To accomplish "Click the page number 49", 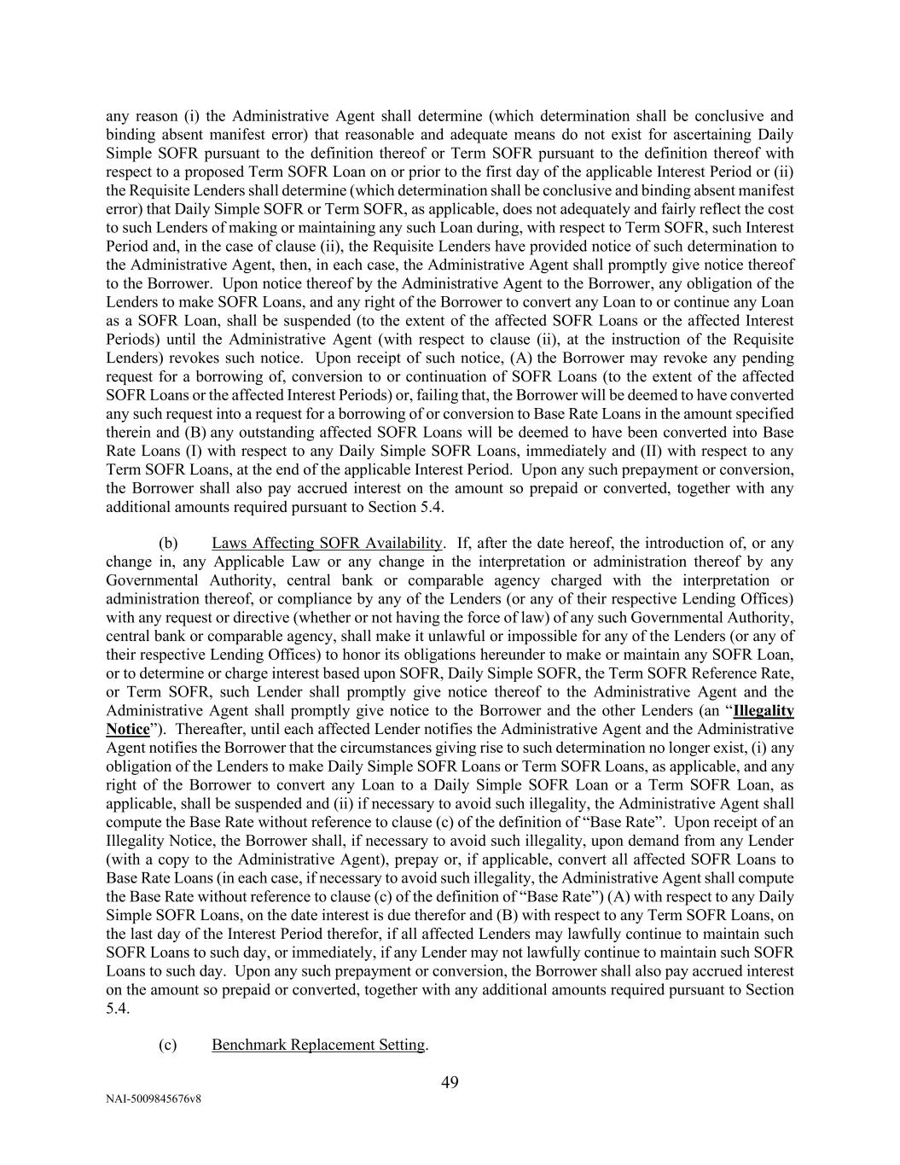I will (x=450, y=1083).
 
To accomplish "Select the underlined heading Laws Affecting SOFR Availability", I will (x=327, y=544).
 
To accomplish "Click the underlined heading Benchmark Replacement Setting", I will (x=318, y=1045).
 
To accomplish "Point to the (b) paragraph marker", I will (x=167, y=544).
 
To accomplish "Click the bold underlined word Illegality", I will (x=764, y=711).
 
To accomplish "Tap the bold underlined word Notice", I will (x=128, y=730).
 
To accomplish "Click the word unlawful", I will (x=495, y=637).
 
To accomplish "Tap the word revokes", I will (x=187, y=358).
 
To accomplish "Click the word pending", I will (x=771, y=358).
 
